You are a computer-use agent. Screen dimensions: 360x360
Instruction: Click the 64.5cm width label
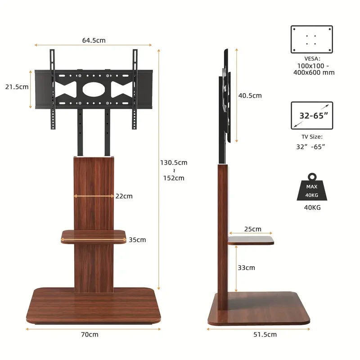tap(94, 40)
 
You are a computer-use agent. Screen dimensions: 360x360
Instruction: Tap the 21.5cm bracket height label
tap(17, 86)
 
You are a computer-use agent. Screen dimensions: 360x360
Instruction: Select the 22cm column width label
tap(124, 196)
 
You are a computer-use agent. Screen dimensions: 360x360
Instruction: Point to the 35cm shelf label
tap(137, 239)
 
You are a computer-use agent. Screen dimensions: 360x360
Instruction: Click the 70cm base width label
tap(90, 334)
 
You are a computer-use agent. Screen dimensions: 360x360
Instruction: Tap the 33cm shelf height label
tap(246, 268)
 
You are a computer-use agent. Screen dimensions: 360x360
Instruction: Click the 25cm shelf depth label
tap(252, 229)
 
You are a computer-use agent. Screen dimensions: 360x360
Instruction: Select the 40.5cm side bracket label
tap(250, 95)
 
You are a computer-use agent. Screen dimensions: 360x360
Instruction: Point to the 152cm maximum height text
tap(173, 178)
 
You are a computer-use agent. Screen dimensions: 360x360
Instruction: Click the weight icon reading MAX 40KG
tap(311, 188)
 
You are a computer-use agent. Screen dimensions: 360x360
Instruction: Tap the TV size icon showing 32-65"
tap(312, 116)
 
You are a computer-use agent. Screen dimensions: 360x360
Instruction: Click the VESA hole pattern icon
tap(312, 40)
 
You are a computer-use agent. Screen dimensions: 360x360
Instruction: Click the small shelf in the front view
tap(94, 237)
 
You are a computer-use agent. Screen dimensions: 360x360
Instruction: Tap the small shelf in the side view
tap(251, 240)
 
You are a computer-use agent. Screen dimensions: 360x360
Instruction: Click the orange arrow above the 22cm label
tap(94, 196)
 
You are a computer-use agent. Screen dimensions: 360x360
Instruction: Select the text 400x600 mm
tap(312, 72)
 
